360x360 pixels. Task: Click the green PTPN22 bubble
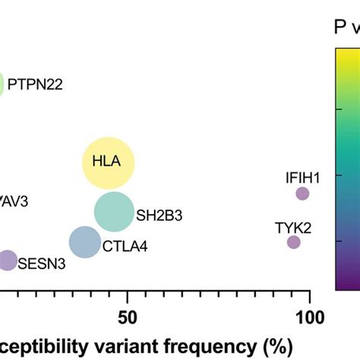pyautogui.click(x=2, y=84)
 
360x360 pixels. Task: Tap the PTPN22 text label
pyautogui.click(x=35, y=84)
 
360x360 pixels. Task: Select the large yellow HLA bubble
pyautogui.click(x=108, y=163)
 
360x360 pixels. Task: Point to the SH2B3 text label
pyautogui.click(x=159, y=216)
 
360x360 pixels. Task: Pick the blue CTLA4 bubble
pyautogui.click(x=85, y=242)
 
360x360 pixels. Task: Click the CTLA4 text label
pyautogui.click(x=126, y=245)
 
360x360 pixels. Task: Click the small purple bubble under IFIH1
pyautogui.click(x=302, y=194)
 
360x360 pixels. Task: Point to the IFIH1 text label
pyautogui.click(x=302, y=178)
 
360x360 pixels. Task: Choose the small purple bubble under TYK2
pyautogui.click(x=293, y=242)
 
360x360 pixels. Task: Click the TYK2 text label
pyautogui.click(x=292, y=226)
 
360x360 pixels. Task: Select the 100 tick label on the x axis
pyautogui.click(x=308, y=316)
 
